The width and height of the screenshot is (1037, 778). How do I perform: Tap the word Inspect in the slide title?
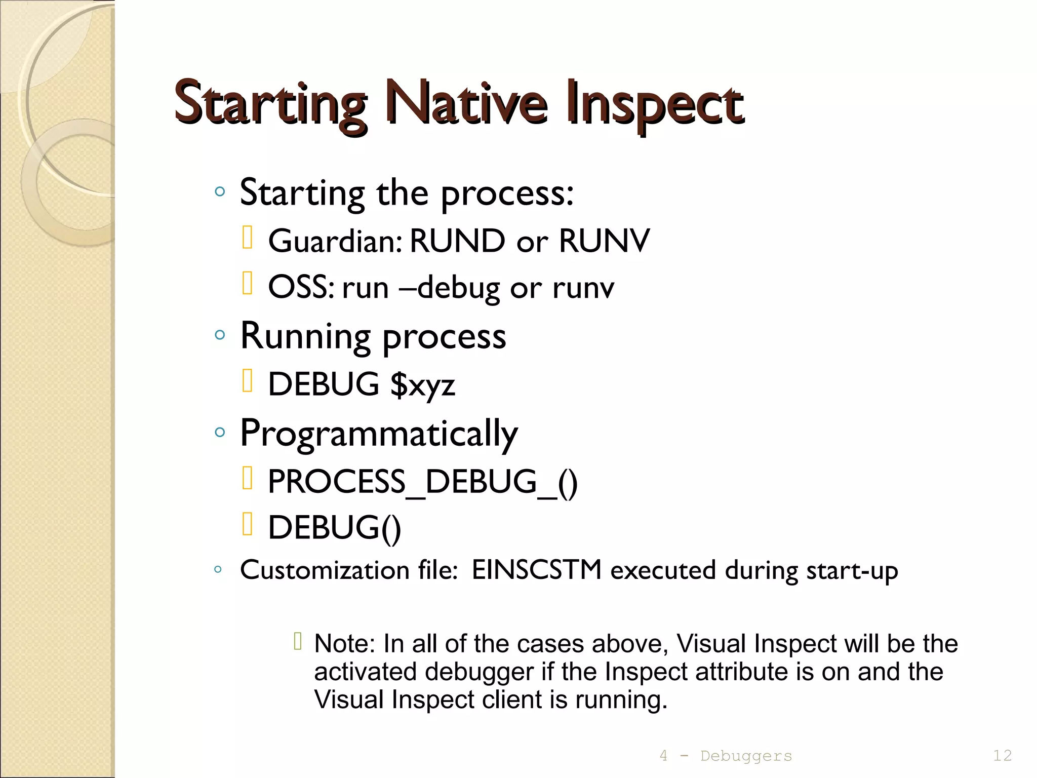pos(654,104)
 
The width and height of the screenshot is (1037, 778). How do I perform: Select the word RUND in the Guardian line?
pos(457,241)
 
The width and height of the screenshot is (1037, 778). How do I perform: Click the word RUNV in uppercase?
pos(604,241)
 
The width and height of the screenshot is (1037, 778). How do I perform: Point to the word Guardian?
pos(335,241)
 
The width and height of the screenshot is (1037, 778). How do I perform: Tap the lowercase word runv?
pos(583,288)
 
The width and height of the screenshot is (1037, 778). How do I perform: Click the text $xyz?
pos(423,384)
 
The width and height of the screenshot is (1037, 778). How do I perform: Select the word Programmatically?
pos(379,434)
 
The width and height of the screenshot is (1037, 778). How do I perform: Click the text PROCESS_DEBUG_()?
pos(422,481)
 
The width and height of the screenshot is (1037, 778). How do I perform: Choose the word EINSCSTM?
pos(537,570)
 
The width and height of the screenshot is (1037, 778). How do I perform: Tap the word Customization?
pos(325,570)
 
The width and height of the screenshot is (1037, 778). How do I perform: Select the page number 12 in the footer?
pos(1002,756)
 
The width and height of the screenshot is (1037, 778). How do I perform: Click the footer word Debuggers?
pos(746,756)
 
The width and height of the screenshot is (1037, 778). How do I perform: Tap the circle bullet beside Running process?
pos(219,335)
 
